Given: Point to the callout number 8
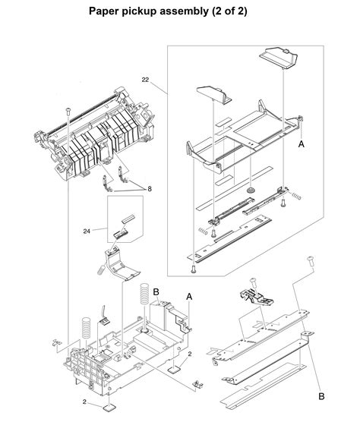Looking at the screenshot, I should point(150,187).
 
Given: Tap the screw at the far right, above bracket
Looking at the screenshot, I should point(311,262).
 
